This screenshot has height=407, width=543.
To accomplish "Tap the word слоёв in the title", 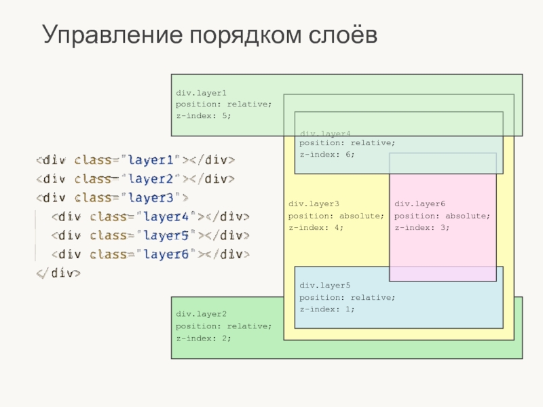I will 338,35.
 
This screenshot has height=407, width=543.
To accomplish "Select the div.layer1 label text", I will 201,92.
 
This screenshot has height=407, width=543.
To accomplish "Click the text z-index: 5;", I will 204,115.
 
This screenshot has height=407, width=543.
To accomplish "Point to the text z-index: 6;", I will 327,154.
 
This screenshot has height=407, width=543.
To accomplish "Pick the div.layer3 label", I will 314,203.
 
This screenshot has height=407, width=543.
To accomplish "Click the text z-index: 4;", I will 316,227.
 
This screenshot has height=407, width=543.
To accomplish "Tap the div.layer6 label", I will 419,203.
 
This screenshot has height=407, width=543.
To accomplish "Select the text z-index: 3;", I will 422,227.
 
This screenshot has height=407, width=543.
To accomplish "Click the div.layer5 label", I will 325,286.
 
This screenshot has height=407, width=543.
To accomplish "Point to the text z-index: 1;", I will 327,309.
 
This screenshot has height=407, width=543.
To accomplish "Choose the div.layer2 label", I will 201,314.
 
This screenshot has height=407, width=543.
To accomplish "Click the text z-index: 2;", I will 204,337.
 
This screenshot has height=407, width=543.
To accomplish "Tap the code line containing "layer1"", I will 135,160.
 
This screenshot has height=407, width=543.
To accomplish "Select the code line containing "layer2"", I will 135,179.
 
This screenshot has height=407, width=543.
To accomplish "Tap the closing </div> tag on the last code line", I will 59,273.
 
